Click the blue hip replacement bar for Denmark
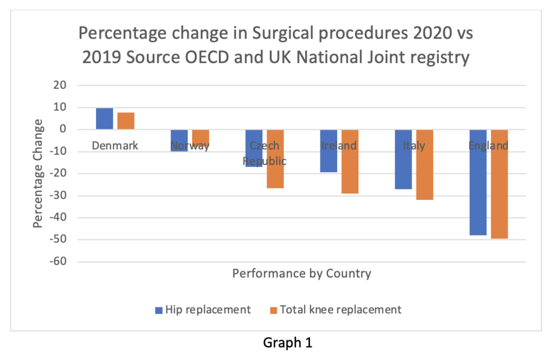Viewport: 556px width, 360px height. (x=105, y=118)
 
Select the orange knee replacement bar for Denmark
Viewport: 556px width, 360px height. (x=126, y=121)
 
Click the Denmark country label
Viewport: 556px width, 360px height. (x=115, y=146)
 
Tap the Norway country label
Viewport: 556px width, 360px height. (x=189, y=146)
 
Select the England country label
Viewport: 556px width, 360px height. (x=489, y=146)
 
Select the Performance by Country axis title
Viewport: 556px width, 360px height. (x=301, y=273)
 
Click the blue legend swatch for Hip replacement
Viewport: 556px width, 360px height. (x=159, y=310)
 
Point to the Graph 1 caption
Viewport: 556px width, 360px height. (x=288, y=343)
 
